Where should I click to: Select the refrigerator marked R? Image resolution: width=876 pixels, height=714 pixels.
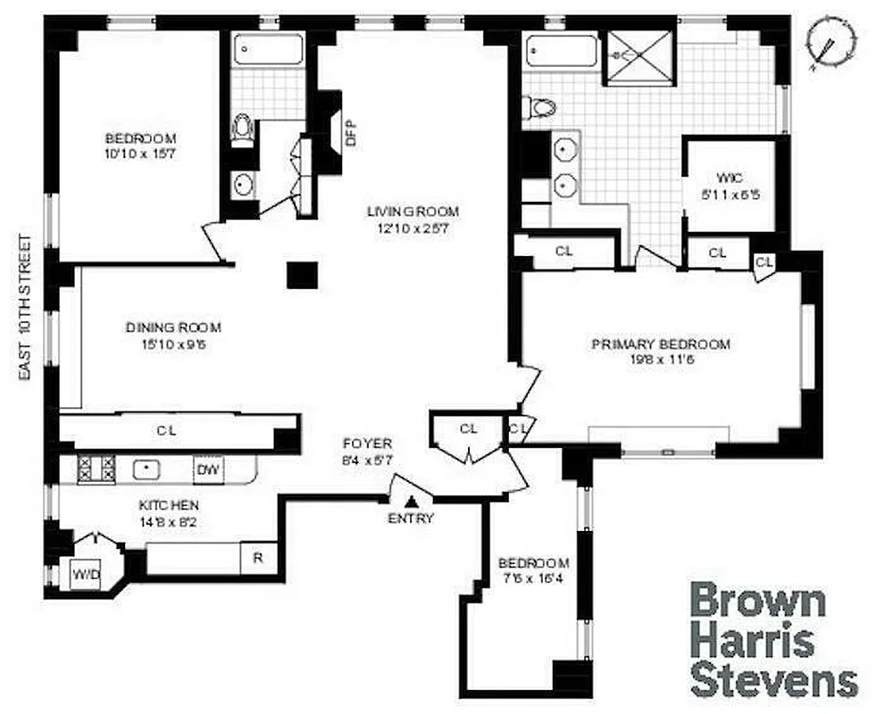[258, 559]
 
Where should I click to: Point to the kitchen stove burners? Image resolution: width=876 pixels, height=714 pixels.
[96, 469]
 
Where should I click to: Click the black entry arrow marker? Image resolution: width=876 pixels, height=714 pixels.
[410, 504]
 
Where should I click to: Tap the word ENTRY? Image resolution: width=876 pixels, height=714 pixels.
[411, 519]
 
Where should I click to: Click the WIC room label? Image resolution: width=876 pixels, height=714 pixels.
[717, 176]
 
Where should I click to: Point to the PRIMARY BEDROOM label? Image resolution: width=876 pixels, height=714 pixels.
[661, 344]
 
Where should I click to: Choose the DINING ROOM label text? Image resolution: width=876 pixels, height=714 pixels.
[173, 328]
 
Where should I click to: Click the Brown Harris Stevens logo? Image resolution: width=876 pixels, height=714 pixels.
[773, 640]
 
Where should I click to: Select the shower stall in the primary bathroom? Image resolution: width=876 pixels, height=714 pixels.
[638, 55]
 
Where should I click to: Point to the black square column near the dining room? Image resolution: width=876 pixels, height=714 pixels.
[302, 274]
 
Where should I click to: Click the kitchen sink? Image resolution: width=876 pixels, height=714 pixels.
[145, 468]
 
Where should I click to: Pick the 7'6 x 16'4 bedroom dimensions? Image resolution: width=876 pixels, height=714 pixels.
[534, 577]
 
